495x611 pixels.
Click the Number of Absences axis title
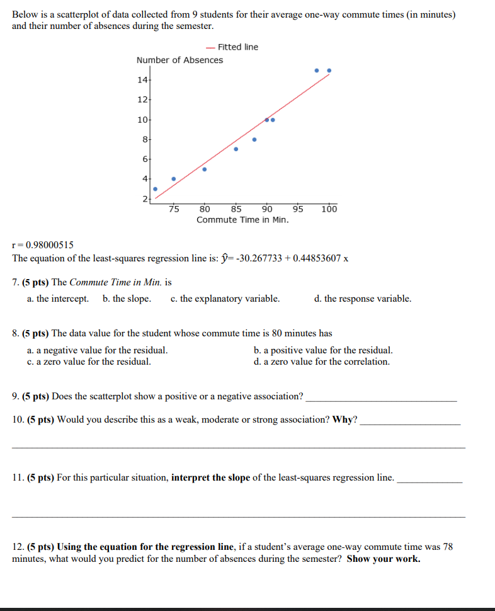point(179,60)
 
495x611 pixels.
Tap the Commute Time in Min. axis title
point(242,220)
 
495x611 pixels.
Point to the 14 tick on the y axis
point(141,80)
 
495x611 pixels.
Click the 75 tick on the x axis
point(174,210)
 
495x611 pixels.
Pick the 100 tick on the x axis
point(329,210)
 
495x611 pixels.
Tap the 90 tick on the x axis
point(267,210)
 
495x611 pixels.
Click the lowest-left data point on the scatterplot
point(155,188)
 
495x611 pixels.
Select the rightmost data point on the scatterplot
point(329,71)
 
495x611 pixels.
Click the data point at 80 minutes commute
point(204,169)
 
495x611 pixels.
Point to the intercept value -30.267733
point(258,258)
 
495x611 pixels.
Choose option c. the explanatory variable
point(225,299)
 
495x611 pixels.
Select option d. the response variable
point(362,299)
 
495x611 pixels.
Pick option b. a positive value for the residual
point(323,350)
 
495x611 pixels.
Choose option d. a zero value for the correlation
point(321,362)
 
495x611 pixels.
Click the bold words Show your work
point(384,559)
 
